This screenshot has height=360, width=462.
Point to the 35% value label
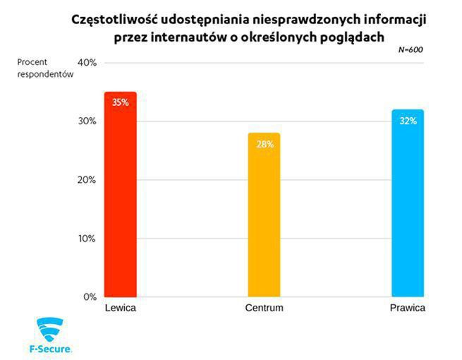pyautogui.click(x=120, y=102)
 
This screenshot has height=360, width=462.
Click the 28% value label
pyautogui.click(x=264, y=144)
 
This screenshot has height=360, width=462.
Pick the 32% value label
pyautogui.click(x=407, y=121)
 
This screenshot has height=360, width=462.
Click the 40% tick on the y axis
pyautogui.click(x=87, y=63)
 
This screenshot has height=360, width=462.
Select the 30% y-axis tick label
pyautogui.click(x=87, y=121)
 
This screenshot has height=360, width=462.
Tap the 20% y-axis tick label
pyautogui.click(x=87, y=180)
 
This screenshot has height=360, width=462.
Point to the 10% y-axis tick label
pyautogui.click(x=87, y=239)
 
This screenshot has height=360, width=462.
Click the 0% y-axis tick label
pyautogui.click(x=90, y=297)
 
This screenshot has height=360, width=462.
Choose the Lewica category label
pyautogui.click(x=120, y=309)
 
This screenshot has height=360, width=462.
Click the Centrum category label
pyautogui.click(x=264, y=309)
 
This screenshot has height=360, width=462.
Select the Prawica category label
pyautogui.click(x=408, y=309)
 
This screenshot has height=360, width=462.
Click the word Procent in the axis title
pyautogui.click(x=32, y=62)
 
